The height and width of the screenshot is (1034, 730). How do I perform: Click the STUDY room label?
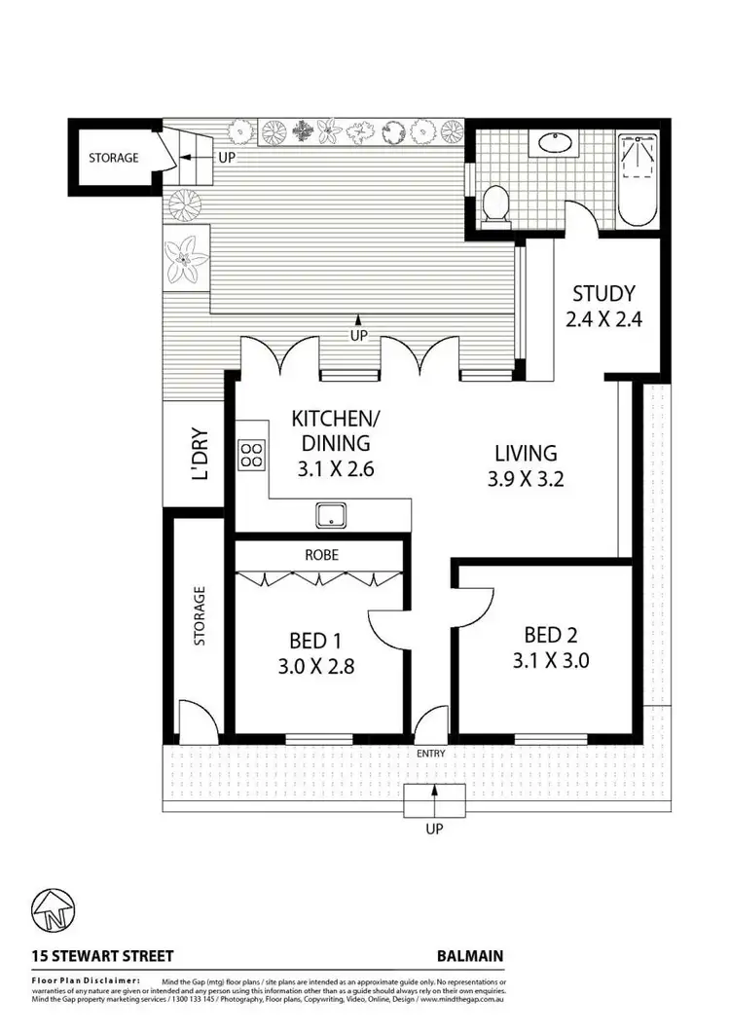point(603,293)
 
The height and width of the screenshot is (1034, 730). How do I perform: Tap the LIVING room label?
point(526,453)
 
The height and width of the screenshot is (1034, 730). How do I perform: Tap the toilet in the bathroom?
point(496,205)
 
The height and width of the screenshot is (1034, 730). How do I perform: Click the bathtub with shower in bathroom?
point(639,175)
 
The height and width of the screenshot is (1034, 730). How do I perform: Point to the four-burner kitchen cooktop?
point(251,454)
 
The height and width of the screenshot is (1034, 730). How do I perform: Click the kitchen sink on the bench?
point(331,514)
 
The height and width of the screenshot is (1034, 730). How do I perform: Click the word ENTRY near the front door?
point(429,753)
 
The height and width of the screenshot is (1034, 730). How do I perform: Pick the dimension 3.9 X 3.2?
point(526,478)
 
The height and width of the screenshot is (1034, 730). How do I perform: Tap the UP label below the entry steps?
point(434,830)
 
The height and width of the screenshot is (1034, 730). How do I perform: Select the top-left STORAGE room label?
point(114,157)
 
